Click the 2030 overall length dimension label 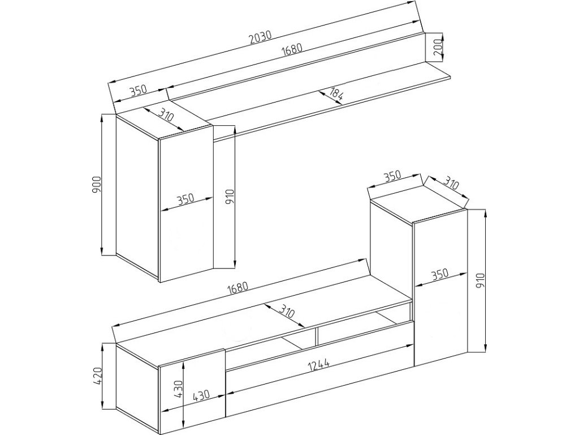coord(261,37)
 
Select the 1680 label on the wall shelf coord(291,49)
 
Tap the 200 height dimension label coord(438,47)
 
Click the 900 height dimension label coord(97,185)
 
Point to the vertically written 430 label coord(178,389)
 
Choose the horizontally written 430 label coord(201,395)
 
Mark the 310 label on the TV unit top coord(287,311)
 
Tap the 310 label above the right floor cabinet coord(451,184)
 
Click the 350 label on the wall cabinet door coord(185,199)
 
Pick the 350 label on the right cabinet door coord(439,274)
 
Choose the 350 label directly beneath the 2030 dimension coord(138,90)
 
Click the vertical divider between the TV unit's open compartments coord(317,336)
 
